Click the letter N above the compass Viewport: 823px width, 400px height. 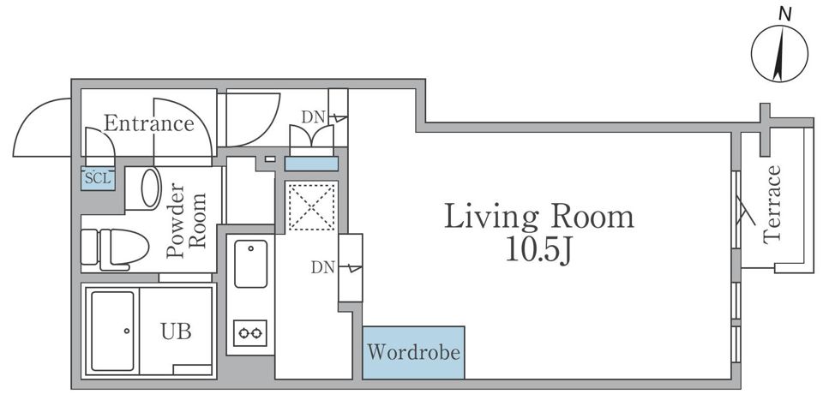point(784,15)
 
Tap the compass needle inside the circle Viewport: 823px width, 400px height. point(780,55)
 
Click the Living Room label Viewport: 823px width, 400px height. point(539,218)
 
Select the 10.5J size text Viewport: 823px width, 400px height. point(538,251)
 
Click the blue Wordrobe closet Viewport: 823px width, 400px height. point(413,352)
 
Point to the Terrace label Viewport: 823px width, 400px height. point(772,205)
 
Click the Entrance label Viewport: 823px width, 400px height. point(148,123)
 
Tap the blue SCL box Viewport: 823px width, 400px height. point(98,178)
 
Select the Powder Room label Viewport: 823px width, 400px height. point(186,220)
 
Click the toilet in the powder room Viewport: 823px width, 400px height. point(115,248)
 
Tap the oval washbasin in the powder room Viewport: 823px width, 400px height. point(151,188)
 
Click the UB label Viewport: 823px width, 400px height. point(176,331)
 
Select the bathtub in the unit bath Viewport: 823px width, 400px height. point(112,331)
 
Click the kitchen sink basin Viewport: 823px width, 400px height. point(251,264)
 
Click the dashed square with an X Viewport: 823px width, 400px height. point(312,206)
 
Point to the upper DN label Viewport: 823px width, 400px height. point(314,117)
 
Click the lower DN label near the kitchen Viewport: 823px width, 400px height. point(323,268)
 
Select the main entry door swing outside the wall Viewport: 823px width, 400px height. point(42,128)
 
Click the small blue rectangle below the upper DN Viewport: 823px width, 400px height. point(311,164)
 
